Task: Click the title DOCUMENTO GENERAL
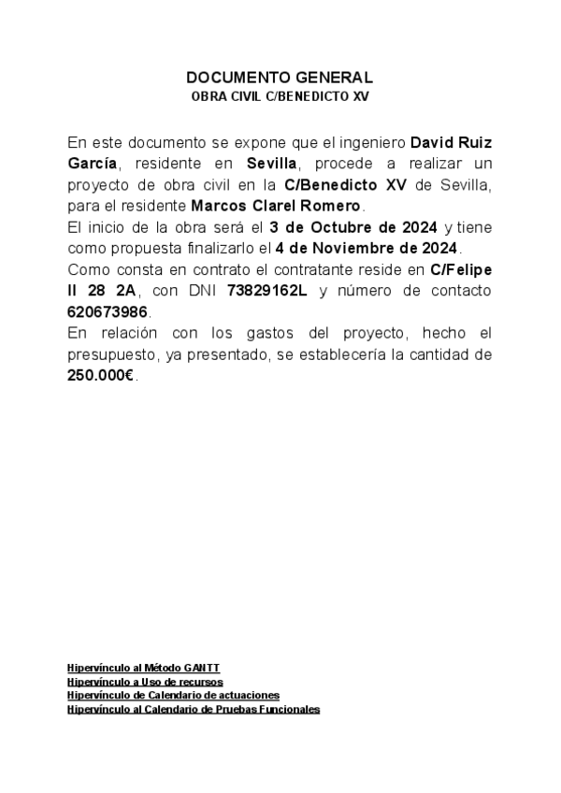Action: tap(280, 78)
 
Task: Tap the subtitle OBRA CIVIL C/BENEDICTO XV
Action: tap(280, 96)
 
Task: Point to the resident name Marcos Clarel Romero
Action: tap(276, 206)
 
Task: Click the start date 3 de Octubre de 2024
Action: tap(353, 227)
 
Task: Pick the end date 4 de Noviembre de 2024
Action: tap(367, 248)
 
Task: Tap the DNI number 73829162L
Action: tap(266, 291)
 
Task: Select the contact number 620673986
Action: tap(108, 311)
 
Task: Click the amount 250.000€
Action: tap(101, 375)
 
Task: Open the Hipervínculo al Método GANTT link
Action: tap(143, 668)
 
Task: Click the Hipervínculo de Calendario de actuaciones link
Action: tap(173, 696)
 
